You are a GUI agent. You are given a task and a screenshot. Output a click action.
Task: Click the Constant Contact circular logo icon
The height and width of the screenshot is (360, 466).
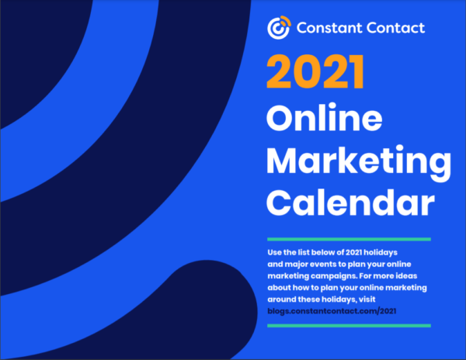(279, 28)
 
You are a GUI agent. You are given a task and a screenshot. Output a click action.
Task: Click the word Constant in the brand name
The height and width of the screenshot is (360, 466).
(329, 28)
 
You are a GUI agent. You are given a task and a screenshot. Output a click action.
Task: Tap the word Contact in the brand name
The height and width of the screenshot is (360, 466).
(395, 28)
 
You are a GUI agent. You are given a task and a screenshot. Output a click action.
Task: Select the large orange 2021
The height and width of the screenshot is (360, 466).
(315, 71)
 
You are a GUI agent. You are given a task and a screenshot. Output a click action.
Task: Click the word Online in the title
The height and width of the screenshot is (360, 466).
(324, 117)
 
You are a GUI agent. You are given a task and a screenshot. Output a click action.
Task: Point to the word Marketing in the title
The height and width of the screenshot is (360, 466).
(359, 161)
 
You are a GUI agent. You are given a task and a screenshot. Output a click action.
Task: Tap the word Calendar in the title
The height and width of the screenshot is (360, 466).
(350, 202)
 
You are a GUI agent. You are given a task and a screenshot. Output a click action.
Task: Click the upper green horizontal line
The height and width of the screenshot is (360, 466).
(349, 239)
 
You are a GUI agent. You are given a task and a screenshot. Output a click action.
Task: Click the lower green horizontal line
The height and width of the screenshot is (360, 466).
(349, 326)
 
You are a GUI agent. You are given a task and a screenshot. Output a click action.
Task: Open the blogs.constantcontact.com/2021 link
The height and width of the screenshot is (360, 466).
(332, 311)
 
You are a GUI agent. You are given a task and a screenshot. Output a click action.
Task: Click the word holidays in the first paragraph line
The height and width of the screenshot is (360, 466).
(381, 253)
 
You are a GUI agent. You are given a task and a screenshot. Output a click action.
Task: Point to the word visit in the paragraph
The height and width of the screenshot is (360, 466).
(367, 299)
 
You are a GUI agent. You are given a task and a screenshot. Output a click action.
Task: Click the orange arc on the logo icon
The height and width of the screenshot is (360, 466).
(286, 21)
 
